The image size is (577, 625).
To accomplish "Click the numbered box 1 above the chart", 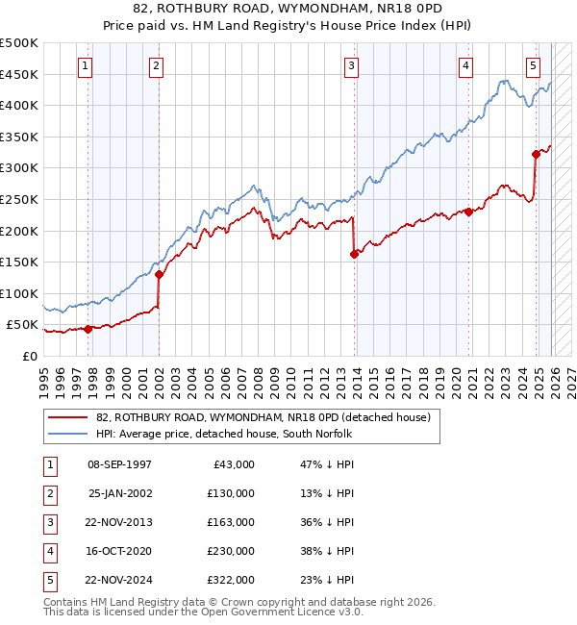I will (86, 66).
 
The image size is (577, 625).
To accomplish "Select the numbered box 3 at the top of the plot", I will (352, 66).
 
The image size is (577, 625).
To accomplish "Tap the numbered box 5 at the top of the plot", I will (533, 66).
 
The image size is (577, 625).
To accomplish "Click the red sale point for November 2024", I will (536, 154).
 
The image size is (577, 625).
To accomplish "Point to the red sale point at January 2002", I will (159, 274).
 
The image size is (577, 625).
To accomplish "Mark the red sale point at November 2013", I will (354, 254).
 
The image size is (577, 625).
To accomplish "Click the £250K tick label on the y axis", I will (19, 199).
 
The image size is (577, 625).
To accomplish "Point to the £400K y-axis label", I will (19, 105).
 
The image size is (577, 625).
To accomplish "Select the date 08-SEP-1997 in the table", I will (119, 464).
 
